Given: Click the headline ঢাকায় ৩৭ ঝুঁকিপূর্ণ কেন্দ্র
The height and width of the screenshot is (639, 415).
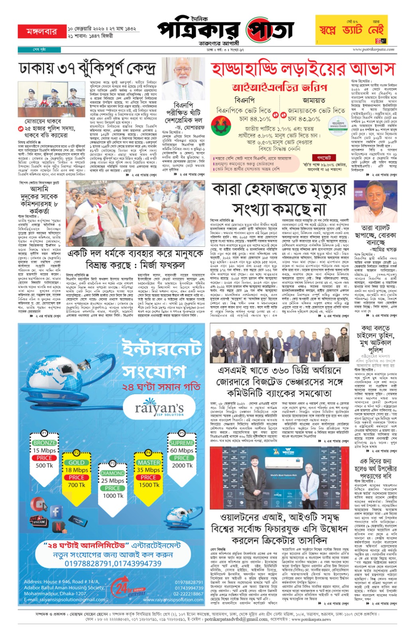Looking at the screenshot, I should click(87, 69).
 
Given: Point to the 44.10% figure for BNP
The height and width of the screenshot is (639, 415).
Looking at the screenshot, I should click(255, 119).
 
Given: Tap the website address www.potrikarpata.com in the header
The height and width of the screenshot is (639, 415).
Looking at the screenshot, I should click(373, 50).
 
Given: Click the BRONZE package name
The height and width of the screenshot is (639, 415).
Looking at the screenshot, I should click(44, 443).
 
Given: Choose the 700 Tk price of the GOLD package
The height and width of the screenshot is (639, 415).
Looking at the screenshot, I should click(77, 485).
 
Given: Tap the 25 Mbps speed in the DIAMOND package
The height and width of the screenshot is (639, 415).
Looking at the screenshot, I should click(113, 481).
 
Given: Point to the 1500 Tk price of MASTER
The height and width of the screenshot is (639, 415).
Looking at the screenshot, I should click(148, 485).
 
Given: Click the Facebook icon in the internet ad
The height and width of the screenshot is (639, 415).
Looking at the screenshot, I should click(56, 511).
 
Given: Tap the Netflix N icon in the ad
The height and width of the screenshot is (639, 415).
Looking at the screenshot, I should click(59, 527).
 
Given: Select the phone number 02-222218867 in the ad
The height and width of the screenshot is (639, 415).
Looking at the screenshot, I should click(188, 594).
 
